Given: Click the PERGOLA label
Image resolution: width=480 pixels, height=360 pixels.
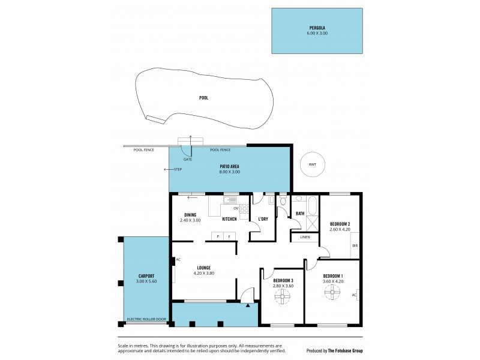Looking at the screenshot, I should [317, 28].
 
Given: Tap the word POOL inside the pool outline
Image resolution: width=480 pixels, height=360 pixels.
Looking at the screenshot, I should [204, 97].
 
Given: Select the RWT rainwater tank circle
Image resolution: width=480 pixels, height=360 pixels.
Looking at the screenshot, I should [312, 164].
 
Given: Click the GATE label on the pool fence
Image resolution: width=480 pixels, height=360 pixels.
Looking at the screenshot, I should [188, 160].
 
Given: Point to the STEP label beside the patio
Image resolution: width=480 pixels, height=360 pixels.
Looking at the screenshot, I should [178, 169].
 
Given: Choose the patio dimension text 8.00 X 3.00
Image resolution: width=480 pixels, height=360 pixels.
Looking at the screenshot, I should [230, 172].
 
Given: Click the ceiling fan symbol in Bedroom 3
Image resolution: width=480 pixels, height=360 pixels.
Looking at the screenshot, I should [283, 295].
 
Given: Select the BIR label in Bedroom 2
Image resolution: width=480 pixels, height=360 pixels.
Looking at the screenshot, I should [355, 246].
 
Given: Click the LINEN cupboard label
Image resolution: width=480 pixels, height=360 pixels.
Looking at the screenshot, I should [305, 238].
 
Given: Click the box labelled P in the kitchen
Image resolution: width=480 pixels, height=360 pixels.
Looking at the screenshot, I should [218, 237].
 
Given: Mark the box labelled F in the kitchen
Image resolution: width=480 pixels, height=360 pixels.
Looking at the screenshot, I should [229, 237].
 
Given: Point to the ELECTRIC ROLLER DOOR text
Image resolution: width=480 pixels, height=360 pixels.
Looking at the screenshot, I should [145, 319].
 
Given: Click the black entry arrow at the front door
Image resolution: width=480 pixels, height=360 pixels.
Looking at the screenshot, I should [247, 305].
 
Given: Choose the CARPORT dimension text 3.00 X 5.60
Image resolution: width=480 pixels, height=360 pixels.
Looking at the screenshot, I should [146, 281].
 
